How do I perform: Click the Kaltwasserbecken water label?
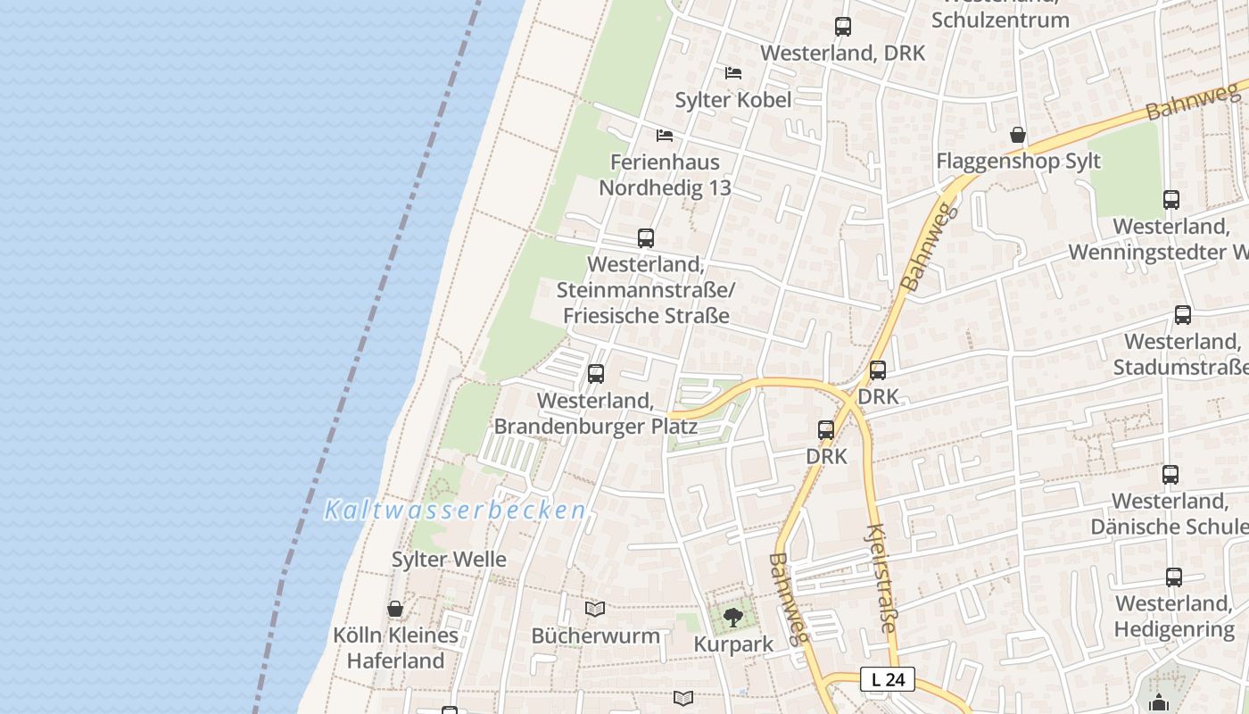(x=455, y=511)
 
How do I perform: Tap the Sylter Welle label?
(x=449, y=560)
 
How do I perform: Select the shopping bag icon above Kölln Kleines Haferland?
(x=395, y=610)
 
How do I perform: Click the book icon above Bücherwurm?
(x=595, y=610)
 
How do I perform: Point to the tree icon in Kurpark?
(x=732, y=617)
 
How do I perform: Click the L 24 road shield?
(x=888, y=679)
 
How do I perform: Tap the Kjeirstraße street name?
(x=879, y=577)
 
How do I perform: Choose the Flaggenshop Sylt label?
(x=1018, y=162)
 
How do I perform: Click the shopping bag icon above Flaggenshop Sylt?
(x=1018, y=136)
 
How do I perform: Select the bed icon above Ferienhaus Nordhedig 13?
(x=665, y=136)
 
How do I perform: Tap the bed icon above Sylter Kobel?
(x=733, y=73)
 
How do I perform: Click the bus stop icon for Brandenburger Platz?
(x=596, y=374)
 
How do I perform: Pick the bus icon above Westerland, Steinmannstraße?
(x=646, y=238)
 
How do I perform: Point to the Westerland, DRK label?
(x=842, y=53)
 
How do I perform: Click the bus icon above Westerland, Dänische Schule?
(x=1170, y=475)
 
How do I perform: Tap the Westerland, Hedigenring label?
(x=1174, y=617)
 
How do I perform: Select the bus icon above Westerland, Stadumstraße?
(x=1183, y=315)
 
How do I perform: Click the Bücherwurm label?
(x=595, y=636)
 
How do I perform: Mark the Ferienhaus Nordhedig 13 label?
(x=665, y=175)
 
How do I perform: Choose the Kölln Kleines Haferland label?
(x=395, y=648)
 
